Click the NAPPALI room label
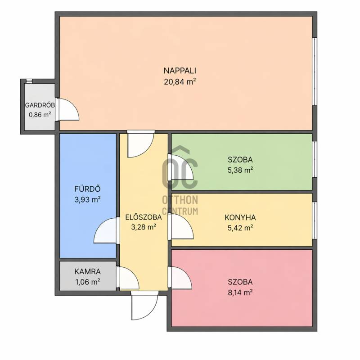(180, 71)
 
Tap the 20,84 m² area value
(180, 81)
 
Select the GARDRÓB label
(40, 105)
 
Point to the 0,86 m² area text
(40, 115)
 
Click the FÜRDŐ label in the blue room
(87, 189)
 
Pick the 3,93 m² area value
(87, 199)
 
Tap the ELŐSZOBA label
(144, 217)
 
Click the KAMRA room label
(87, 272)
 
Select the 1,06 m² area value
(87, 282)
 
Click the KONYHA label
(240, 217)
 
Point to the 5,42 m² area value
(240, 228)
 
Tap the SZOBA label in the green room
(240, 160)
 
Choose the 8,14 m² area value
(240, 292)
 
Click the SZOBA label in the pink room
(240, 282)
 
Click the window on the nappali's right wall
(315, 72)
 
